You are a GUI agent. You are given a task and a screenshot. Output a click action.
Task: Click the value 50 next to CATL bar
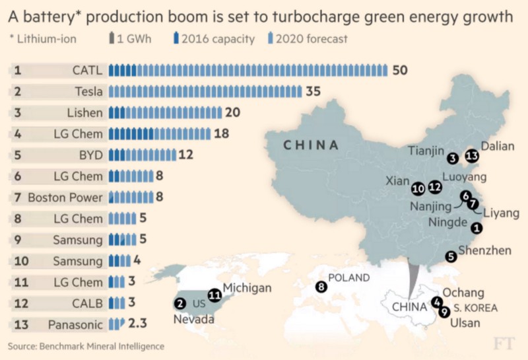399,70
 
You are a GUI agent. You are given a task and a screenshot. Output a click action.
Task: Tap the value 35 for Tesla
313,92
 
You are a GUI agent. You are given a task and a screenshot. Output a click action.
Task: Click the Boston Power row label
65,198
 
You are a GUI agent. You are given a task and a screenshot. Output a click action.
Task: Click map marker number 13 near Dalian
471,157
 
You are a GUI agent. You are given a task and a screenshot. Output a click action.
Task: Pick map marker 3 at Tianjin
452,158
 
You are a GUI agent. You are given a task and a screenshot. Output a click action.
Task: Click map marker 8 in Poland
322,287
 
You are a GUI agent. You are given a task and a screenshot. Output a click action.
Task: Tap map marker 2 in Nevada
180,304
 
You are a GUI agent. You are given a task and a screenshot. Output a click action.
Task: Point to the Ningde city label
447,223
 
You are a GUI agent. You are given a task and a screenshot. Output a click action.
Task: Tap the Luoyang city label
465,177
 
